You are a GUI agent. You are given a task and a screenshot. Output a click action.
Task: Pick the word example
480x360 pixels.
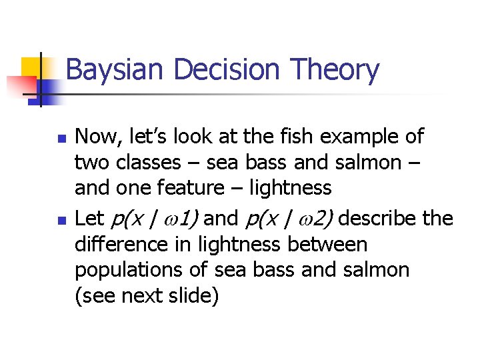(361, 137)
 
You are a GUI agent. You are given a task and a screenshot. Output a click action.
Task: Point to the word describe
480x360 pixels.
(390, 218)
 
